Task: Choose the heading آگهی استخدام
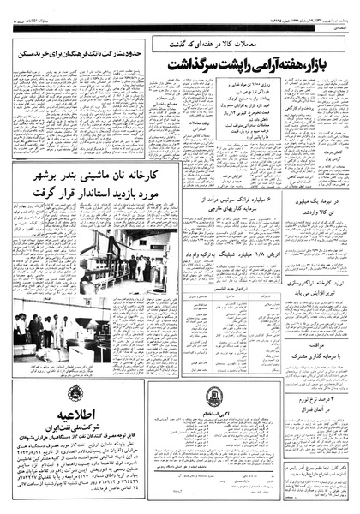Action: click(x=214, y=415)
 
